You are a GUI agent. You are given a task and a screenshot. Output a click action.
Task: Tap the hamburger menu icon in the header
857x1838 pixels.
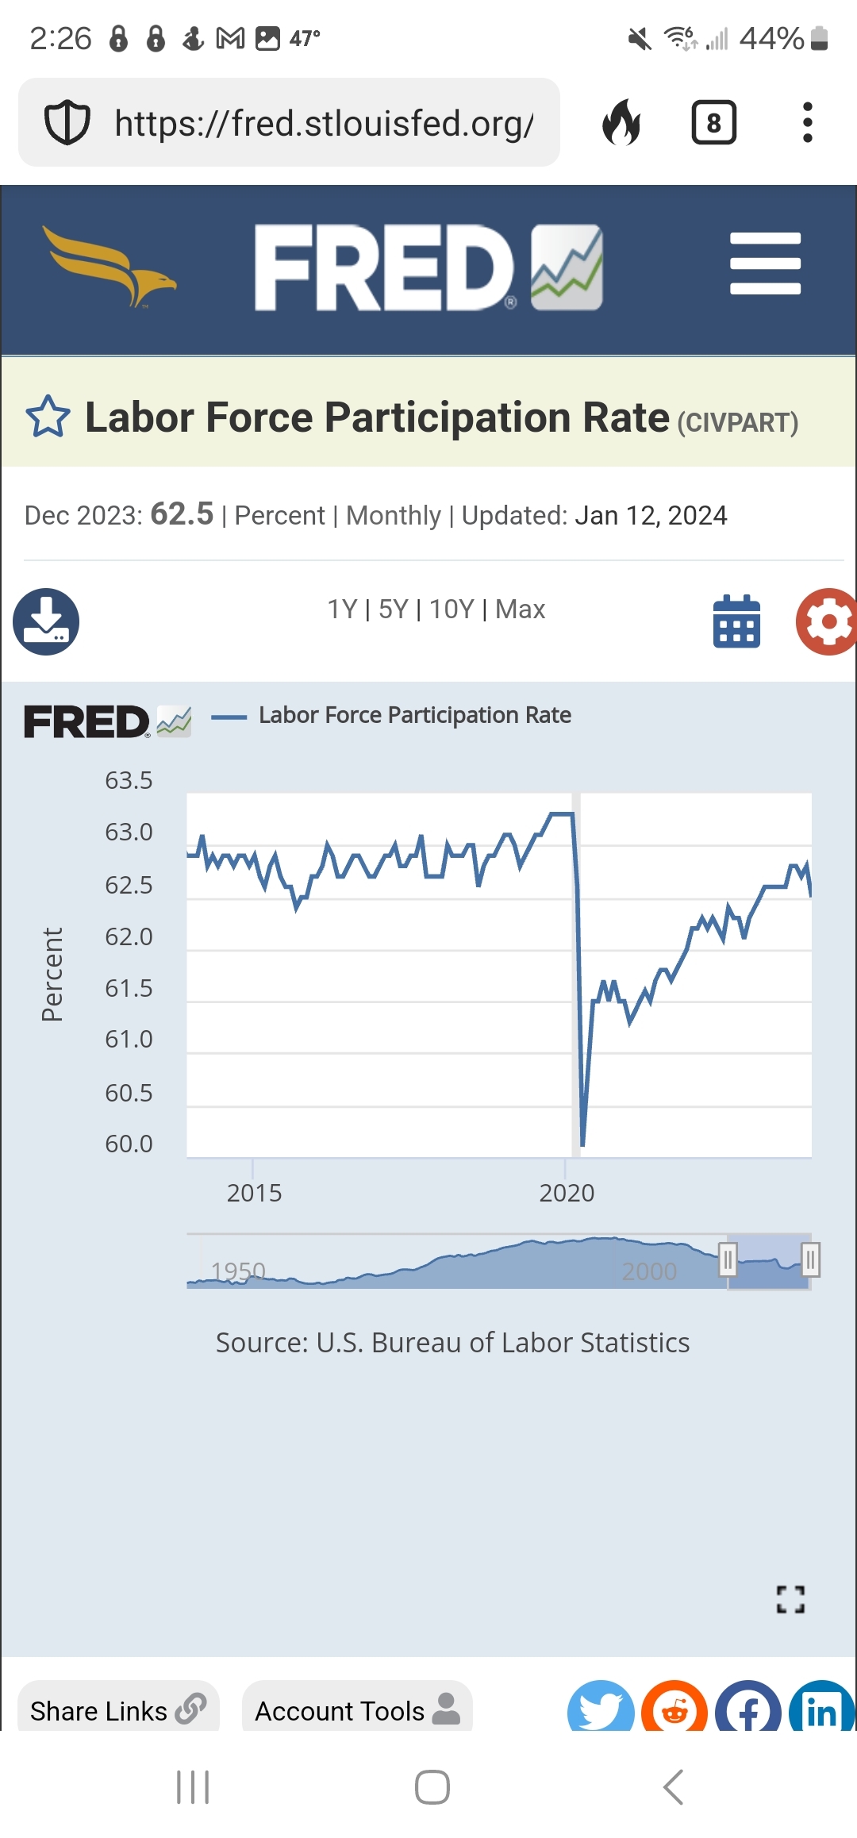click(765, 263)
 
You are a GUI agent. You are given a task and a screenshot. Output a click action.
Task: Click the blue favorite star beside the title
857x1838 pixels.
click(48, 417)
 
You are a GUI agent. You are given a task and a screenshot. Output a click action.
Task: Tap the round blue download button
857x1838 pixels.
click(46, 621)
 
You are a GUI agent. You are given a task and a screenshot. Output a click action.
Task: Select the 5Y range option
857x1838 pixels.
click(393, 609)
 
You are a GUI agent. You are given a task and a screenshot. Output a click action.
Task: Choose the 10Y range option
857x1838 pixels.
click(452, 609)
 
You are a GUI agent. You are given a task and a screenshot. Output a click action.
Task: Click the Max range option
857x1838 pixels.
click(521, 609)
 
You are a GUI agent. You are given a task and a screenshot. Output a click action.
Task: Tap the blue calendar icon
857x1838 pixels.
click(736, 621)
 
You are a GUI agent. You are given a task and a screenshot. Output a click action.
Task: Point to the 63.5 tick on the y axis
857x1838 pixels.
click(129, 781)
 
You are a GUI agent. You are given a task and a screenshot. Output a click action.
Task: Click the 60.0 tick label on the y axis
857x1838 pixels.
click(129, 1144)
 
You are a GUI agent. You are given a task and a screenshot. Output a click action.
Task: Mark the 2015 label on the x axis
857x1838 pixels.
click(254, 1193)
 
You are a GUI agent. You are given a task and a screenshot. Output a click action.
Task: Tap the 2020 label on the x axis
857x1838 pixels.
click(567, 1193)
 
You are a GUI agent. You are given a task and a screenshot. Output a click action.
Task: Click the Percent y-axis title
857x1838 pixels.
click(52, 975)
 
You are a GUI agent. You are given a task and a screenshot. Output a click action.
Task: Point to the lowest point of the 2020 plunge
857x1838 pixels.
click(582, 1144)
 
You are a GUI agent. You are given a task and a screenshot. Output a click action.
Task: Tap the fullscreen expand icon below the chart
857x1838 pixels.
click(790, 1599)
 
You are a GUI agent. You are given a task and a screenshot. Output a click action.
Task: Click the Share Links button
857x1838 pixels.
click(117, 1710)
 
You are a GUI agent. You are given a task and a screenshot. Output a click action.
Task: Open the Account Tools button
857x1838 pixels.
click(357, 1710)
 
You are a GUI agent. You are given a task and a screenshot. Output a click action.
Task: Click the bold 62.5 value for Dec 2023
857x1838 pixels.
click(182, 514)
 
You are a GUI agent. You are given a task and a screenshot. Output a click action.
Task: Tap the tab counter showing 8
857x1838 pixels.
click(713, 123)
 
